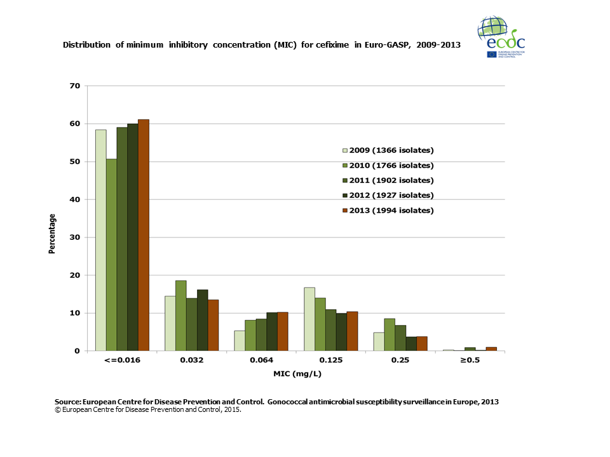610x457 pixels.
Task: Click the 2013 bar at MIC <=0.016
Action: [x=144, y=235]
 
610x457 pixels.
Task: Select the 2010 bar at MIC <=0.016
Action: [x=111, y=255]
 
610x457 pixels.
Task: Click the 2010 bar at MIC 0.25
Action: [x=390, y=334]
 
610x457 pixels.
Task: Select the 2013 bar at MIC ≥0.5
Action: [x=491, y=348]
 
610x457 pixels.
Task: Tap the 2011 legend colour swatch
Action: [x=345, y=180]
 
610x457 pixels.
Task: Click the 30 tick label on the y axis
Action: [x=75, y=237]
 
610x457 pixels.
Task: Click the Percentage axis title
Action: [x=52, y=234]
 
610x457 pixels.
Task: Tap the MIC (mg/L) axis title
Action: [x=296, y=373]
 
